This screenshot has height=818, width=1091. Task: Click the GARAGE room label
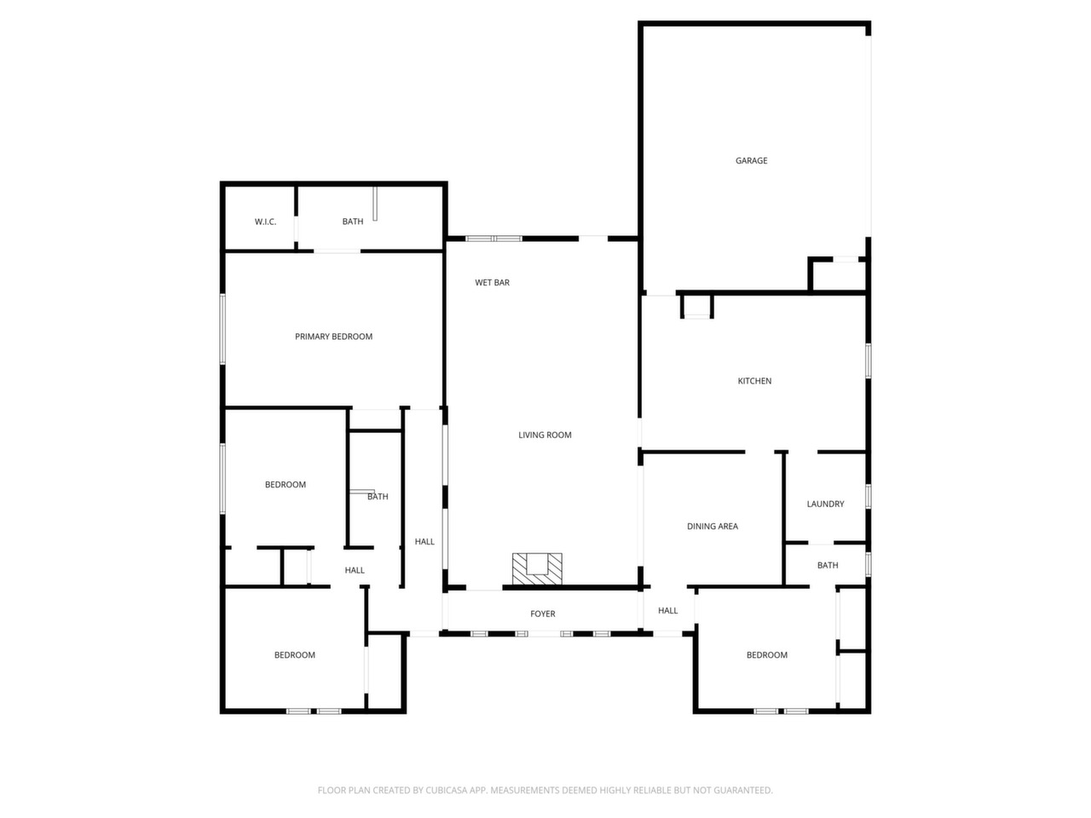(x=751, y=160)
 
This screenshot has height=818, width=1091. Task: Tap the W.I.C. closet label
(x=265, y=222)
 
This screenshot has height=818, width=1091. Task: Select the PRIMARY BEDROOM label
(x=333, y=337)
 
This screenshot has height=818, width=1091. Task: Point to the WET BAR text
(x=492, y=283)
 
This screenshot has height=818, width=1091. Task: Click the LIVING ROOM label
(x=545, y=435)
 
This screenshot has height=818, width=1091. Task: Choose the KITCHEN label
(x=754, y=381)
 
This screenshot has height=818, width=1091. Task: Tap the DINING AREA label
(x=713, y=526)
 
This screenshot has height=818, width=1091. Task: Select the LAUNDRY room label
(x=825, y=504)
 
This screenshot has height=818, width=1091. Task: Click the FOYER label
(x=542, y=613)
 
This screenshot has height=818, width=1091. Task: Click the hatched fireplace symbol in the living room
(x=537, y=568)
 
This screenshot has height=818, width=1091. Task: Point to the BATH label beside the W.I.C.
(x=352, y=222)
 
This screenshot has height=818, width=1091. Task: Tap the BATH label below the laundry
(x=828, y=565)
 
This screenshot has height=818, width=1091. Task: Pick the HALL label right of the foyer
(x=667, y=610)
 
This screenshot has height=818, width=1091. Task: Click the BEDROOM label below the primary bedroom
(x=286, y=485)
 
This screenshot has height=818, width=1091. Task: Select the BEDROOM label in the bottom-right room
(x=766, y=655)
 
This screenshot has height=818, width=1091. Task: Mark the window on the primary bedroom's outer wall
(x=222, y=329)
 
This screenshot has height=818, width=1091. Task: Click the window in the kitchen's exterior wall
(x=869, y=361)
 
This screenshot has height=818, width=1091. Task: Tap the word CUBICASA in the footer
(x=447, y=790)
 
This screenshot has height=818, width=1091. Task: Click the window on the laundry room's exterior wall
(x=869, y=496)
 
